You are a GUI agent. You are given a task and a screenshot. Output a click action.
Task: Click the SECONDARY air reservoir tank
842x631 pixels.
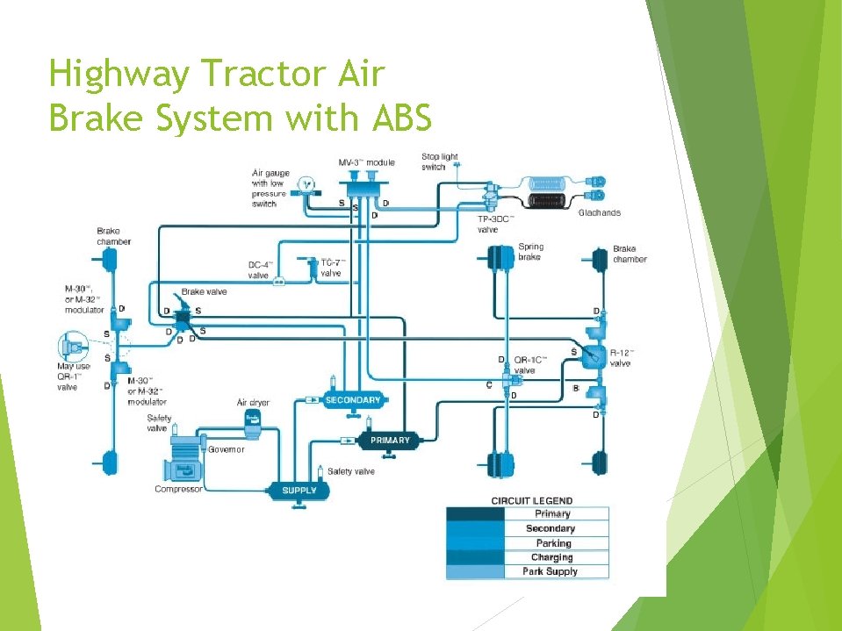353,401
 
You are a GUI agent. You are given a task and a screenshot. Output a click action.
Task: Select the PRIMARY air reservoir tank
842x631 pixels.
390,440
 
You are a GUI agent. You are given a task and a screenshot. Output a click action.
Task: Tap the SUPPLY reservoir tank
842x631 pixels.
299,491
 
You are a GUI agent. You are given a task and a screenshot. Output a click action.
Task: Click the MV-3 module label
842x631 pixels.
366,162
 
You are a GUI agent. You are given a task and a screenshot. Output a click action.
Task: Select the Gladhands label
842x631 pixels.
600,213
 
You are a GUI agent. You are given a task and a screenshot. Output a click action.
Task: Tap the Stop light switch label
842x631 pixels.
440,162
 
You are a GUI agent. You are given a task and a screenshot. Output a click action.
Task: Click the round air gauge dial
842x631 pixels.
305,183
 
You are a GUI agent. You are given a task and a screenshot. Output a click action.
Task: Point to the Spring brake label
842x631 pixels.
530,253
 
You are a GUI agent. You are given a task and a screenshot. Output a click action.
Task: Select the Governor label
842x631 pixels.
227,449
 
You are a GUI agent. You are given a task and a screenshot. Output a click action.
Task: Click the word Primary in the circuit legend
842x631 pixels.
552,513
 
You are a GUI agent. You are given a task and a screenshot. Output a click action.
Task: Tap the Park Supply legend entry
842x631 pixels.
551,571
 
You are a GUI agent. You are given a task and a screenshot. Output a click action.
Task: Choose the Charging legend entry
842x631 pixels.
551,557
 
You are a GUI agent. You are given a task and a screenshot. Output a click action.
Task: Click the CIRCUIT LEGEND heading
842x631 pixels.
531,500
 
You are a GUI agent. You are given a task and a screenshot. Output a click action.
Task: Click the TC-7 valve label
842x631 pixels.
331,268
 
